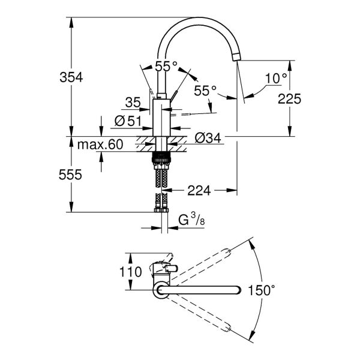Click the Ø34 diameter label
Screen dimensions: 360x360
[x=208, y=138]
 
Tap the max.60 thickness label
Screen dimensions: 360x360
[x=100, y=145]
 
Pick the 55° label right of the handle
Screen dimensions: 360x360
[x=205, y=91]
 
